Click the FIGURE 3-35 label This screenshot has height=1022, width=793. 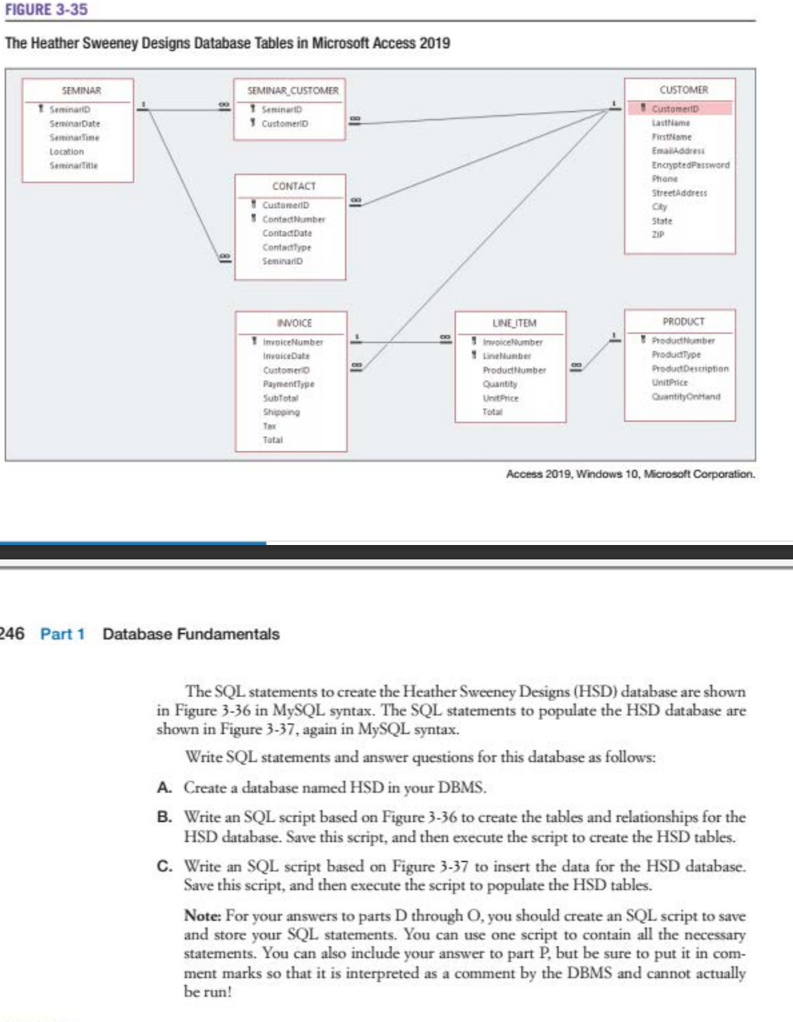(x=46, y=10)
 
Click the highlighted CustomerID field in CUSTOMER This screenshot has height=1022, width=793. (x=677, y=109)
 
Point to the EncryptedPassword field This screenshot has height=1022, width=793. (x=690, y=165)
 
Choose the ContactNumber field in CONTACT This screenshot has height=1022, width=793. (x=294, y=219)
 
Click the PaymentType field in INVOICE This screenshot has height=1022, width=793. (x=288, y=384)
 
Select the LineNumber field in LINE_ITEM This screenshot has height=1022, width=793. (x=507, y=355)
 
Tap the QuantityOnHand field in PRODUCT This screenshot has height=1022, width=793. (x=686, y=396)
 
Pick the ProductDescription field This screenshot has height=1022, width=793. (x=690, y=369)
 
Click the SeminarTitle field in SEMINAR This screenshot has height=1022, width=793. (x=74, y=166)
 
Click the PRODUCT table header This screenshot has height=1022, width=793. (x=682, y=322)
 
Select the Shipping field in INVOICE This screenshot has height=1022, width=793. (x=281, y=412)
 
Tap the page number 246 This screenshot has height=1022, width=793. (x=11, y=634)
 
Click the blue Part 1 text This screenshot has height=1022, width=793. (x=62, y=634)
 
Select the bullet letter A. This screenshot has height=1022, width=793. (x=163, y=788)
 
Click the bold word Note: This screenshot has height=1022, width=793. (x=203, y=916)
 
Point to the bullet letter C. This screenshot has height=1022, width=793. (x=163, y=867)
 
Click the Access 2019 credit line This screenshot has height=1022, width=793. (x=630, y=475)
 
